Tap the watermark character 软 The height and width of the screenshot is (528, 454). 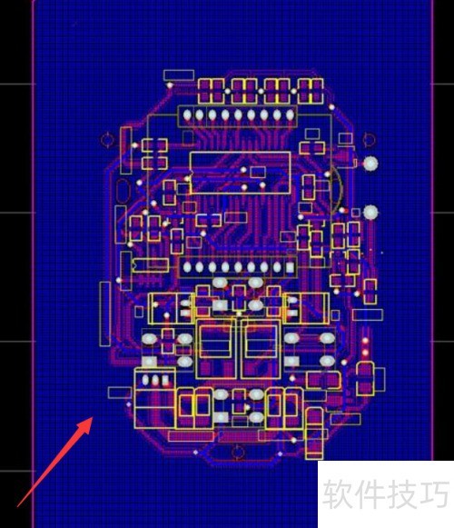(x=337, y=495)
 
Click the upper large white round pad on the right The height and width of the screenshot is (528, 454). (x=370, y=164)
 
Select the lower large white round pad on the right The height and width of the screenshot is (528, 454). (x=370, y=212)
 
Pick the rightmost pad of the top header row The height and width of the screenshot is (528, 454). (x=290, y=115)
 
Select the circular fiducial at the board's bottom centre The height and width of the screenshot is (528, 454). (x=238, y=452)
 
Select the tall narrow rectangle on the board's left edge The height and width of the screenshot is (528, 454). (x=104, y=314)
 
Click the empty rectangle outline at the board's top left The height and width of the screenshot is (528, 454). (x=176, y=75)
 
